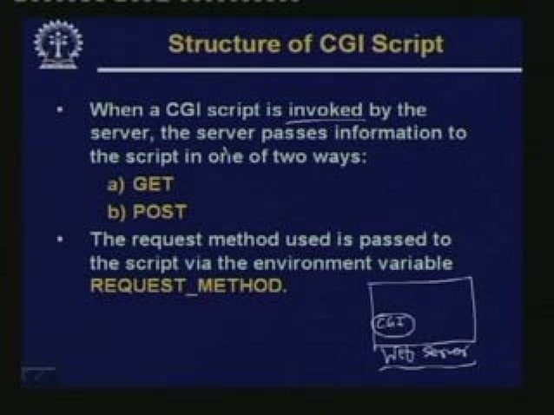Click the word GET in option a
pos(159,184)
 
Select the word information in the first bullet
pos(405,134)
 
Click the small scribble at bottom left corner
pos(37,374)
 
